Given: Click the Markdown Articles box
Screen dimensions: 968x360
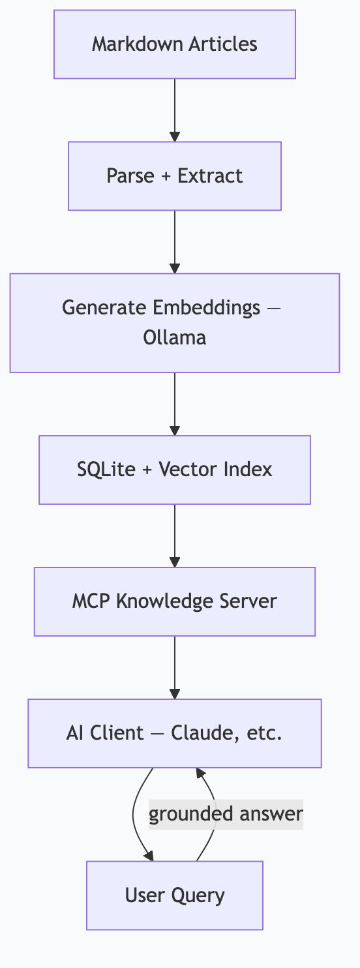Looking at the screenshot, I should click(175, 44).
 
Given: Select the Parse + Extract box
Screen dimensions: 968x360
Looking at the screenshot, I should click(175, 176).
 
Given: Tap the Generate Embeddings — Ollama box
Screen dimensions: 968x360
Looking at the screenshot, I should click(175, 323).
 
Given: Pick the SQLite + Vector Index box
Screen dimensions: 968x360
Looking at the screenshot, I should click(175, 470).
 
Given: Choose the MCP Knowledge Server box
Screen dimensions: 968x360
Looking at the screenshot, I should click(175, 601).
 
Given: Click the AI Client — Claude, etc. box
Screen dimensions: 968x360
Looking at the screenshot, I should click(175, 733).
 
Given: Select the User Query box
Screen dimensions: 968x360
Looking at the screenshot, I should click(175, 895).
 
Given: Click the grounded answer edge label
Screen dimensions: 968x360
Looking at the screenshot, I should click(226, 814).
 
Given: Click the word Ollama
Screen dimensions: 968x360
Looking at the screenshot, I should click(174, 338).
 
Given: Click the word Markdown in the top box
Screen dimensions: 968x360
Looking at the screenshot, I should click(127, 44).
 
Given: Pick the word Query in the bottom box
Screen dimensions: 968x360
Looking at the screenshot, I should click(200, 895).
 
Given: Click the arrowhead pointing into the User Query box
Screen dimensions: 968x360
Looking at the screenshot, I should click(150, 856).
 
